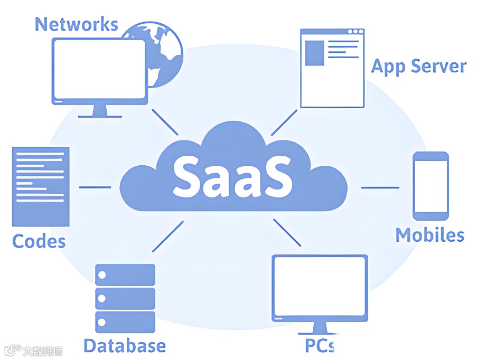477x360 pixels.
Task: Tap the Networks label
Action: (x=76, y=24)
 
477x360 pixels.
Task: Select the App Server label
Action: (x=419, y=67)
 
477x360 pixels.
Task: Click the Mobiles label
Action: (x=430, y=235)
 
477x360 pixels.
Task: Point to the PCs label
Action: (x=319, y=346)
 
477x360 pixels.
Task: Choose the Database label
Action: (x=125, y=346)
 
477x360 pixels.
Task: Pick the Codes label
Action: (x=39, y=241)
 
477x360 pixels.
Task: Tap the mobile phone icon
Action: (x=431, y=186)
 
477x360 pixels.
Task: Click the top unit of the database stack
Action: (x=125, y=275)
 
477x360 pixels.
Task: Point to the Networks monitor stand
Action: (x=99, y=110)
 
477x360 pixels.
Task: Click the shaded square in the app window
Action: (x=315, y=53)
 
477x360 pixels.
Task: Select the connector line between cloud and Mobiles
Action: (x=380, y=187)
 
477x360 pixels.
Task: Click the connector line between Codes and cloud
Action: (x=95, y=187)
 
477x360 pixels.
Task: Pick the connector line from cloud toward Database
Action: (x=167, y=236)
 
